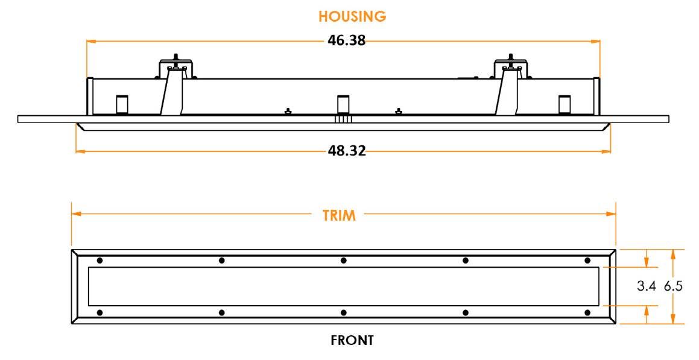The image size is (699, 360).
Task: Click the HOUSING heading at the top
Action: click(352, 17)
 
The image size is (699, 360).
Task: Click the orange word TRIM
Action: click(338, 215)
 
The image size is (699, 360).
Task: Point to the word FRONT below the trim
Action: click(352, 341)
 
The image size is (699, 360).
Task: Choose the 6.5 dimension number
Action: click(673, 286)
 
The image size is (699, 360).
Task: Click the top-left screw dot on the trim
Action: click(100, 261)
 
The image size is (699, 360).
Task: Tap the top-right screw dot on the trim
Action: click(587, 261)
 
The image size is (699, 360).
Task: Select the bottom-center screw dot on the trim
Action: click(344, 312)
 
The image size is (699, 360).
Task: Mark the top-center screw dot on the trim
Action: click(344, 261)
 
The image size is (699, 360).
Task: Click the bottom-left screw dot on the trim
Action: click(100, 312)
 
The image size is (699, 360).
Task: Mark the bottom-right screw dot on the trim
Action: click(587, 312)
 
